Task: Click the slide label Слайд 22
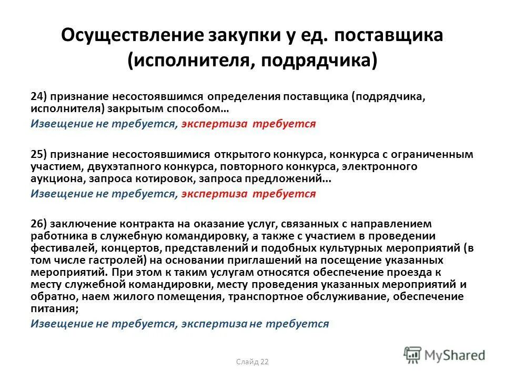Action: click(x=252, y=361)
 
